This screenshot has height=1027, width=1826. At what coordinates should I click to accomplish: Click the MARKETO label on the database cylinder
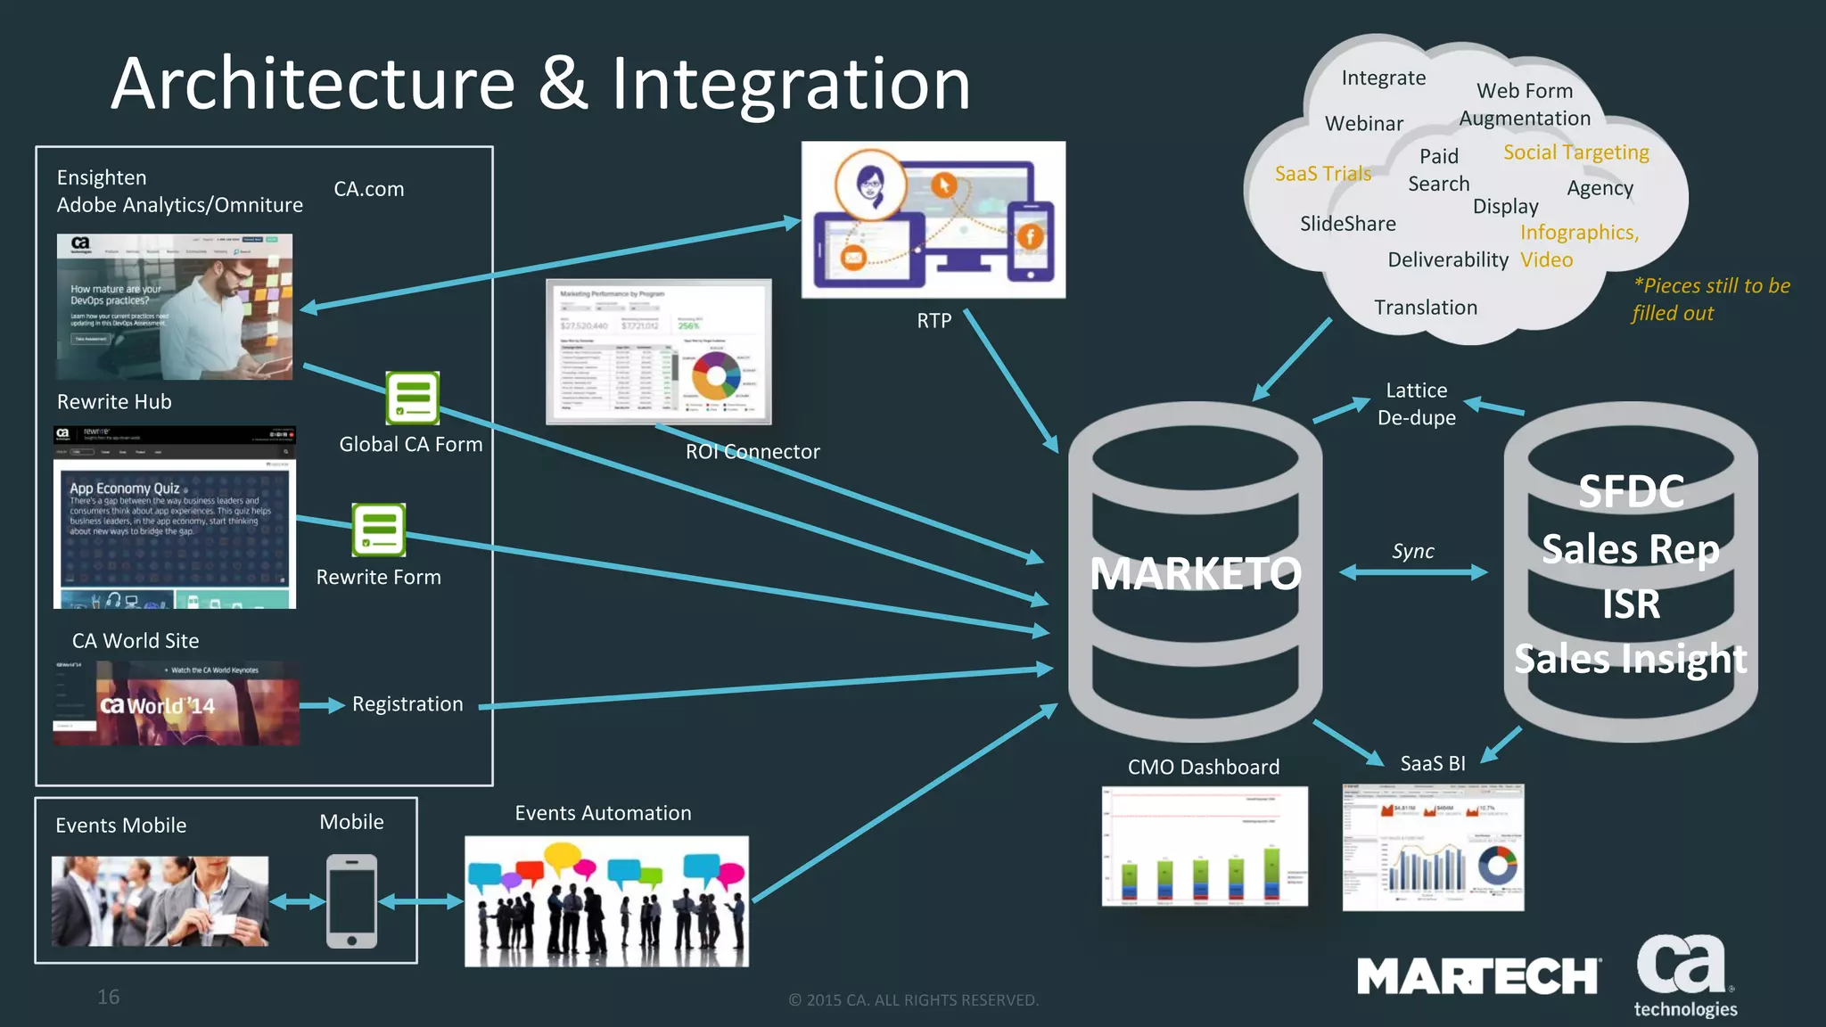coord(1195,573)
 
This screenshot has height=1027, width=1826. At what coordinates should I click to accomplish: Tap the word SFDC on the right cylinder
coord(1631,492)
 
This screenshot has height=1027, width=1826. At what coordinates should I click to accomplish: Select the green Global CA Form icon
coord(412,398)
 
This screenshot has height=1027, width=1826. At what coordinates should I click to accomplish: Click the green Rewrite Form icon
coord(378,530)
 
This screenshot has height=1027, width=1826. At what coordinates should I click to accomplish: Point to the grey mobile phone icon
coord(351,900)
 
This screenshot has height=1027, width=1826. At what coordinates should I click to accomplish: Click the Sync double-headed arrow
coord(1413,572)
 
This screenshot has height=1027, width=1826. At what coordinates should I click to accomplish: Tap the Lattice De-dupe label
coord(1416,404)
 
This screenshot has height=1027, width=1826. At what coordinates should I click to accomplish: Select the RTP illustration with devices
coord(933,219)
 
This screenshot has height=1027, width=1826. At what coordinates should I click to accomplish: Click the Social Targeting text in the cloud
coord(1575,152)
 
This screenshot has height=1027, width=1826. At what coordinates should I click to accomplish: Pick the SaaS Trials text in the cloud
coord(1322,174)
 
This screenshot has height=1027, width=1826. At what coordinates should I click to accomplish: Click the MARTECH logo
coord(1478,976)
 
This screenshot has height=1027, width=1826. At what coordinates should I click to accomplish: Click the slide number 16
coord(108,997)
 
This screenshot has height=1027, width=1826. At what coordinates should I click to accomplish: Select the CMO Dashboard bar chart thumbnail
coord(1205,845)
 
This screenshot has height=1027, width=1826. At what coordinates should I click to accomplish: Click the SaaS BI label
coord(1432,764)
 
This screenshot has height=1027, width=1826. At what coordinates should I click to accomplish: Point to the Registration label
coord(407,704)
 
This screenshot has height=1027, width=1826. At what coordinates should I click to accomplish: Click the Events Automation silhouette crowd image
coord(606,901)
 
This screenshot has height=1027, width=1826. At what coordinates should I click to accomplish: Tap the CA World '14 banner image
coord(177,703)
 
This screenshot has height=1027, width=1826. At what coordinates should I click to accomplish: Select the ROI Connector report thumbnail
coord(658,352)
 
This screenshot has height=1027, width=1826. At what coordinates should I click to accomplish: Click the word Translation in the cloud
coord(1425,308)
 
